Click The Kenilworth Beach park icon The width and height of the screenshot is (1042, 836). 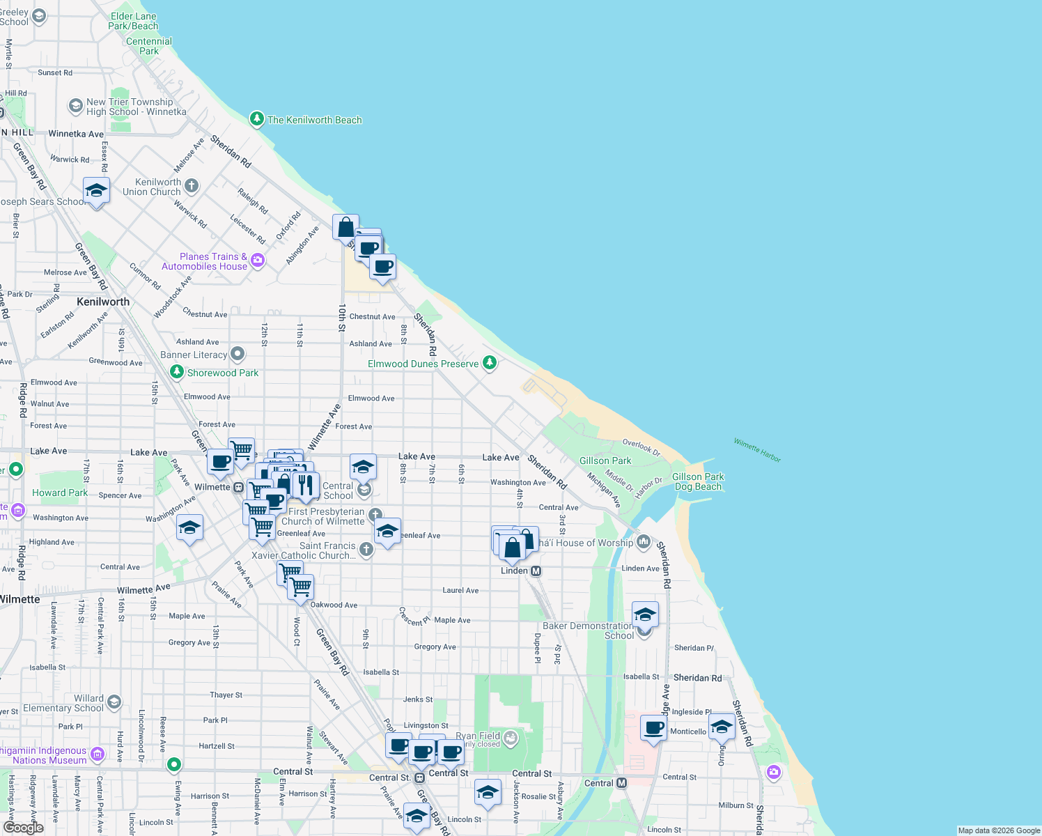pyautogui.click(x=257, y=119)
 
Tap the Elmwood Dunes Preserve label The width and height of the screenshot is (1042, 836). pyautogui.click(x=423, y=364)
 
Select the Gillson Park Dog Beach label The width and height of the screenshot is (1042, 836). pyautogui.click(x=698, y=481)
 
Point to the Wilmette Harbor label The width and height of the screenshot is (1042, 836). pyautogui.click(x=757, y=450)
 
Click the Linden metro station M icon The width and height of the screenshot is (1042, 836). pyautogui.click(x=536, y=571)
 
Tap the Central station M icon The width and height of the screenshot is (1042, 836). pyautogui.click(x=622, y=783)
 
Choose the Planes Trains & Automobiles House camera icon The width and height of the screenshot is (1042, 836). pyautogui.click(x=258, y=261)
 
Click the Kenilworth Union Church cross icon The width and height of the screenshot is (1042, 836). pyautogui.click(x=192, y=186)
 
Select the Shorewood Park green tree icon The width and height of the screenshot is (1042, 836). pyautogui.click(x=177, y=373)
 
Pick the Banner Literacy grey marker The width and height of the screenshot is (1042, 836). pyautogui.click(x=238, y=354)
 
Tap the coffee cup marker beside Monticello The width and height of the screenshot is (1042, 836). pyautogui.click(x=653, y=729)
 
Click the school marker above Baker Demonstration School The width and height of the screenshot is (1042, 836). pyautogui.click(x=645, y=614)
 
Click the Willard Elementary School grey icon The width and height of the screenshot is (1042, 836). pyautogui.click(x=114, y=702)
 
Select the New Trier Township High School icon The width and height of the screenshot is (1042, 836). pyautogui.click(x=75, y=106)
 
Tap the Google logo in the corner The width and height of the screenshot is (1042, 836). pyautogui.click(x=23, y=828)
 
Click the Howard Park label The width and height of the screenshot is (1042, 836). pyautogui.click(x=60, y=493)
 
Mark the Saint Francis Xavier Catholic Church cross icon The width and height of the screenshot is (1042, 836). pyautogui.click(x=366, y=549)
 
